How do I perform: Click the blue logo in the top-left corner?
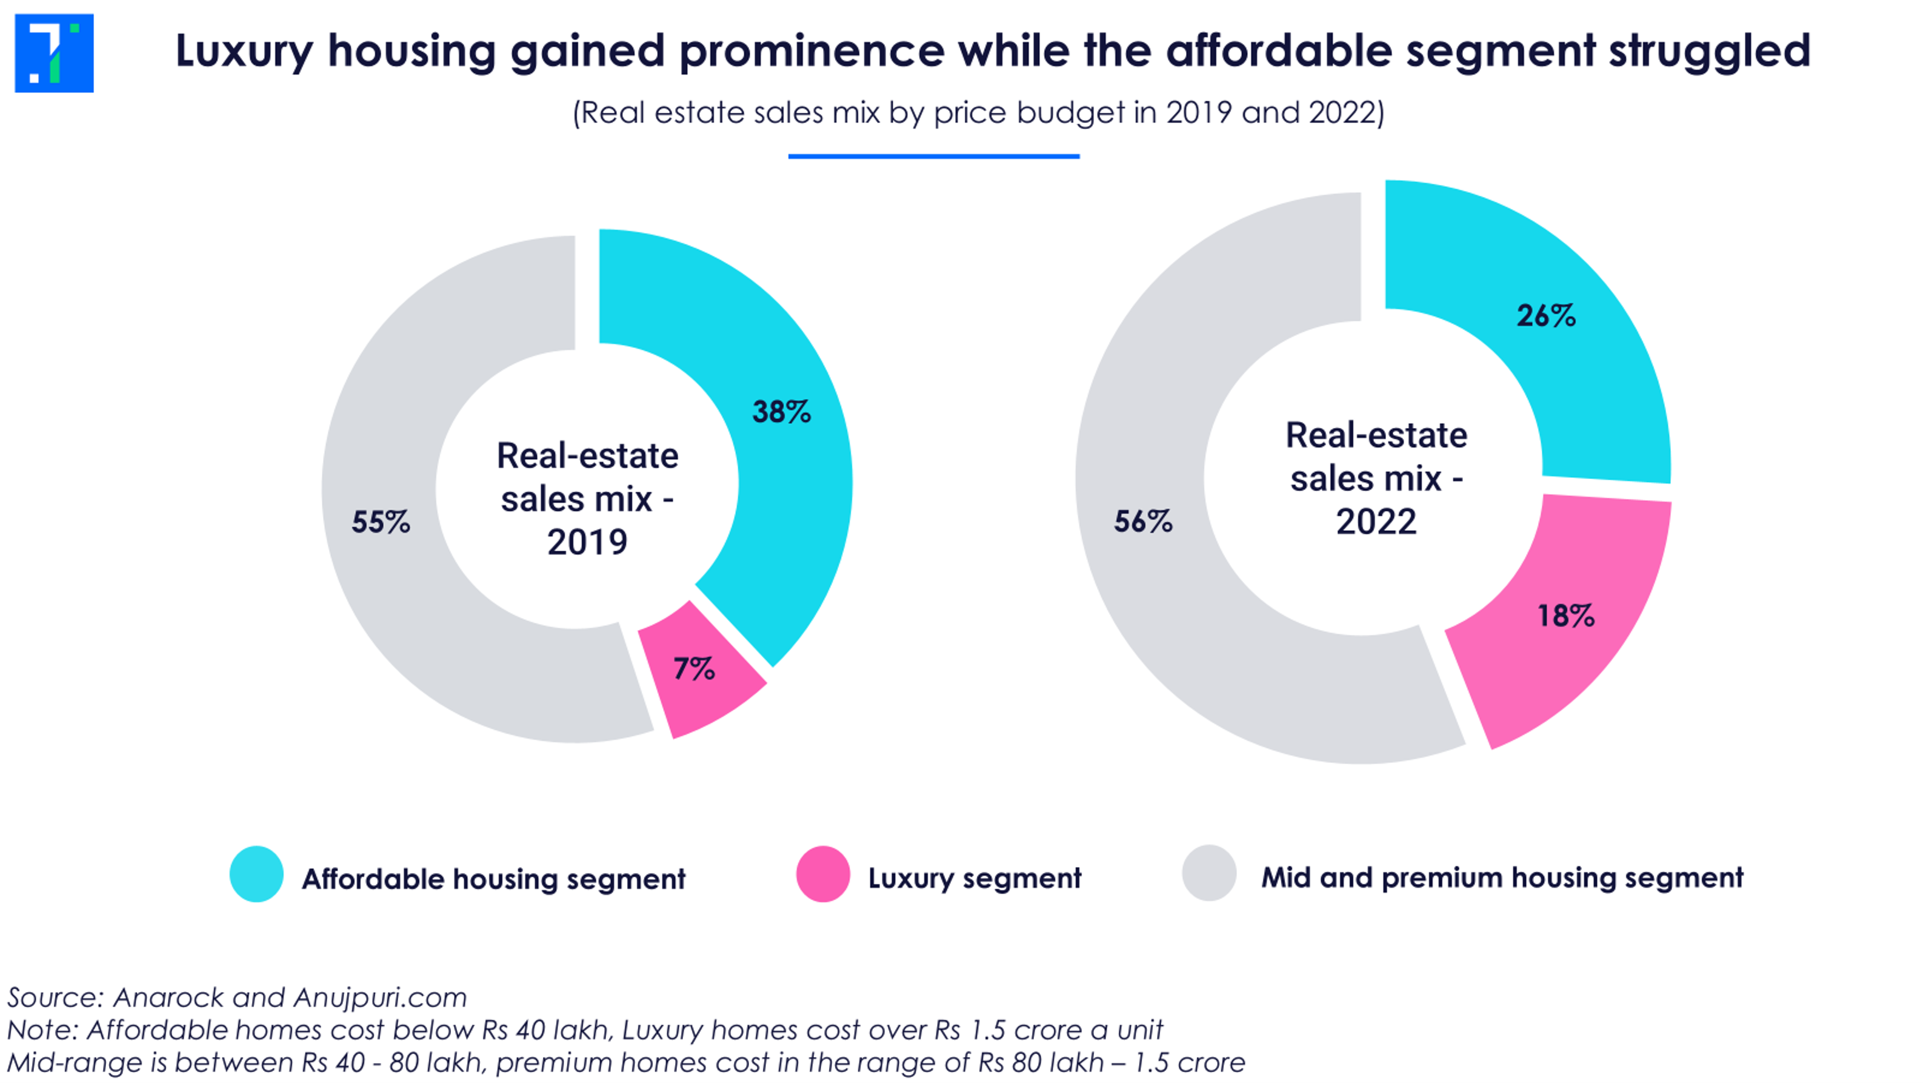point(54,53)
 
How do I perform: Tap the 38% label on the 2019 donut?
point(781,412)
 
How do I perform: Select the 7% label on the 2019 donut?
point(693,668)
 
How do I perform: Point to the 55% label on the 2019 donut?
point(381,521)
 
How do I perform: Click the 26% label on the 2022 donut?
point(1545,315)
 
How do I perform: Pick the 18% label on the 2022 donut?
point(1565,615)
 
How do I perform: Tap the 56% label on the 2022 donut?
point(1143,521)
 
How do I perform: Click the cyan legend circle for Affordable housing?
point(256,874)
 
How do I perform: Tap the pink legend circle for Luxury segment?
point(822,874)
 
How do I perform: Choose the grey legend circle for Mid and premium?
point(1208,873)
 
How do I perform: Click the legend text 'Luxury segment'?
point(974,879)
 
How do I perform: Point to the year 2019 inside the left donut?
point(587,542)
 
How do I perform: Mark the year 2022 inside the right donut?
point(1376,521)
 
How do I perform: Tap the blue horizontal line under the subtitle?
point(933,156)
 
